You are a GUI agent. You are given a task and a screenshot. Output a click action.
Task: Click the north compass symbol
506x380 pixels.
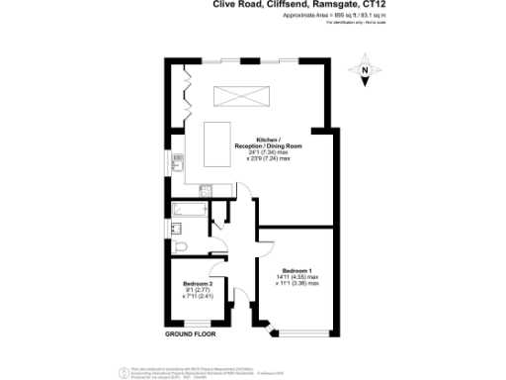coord(365,70)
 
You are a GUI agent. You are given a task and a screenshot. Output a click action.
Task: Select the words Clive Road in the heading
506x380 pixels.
coord(236,5)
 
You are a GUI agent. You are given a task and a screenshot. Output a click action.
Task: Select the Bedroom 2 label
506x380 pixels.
coord(198,284)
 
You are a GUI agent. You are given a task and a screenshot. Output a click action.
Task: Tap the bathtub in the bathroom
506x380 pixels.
coord(188,210)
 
